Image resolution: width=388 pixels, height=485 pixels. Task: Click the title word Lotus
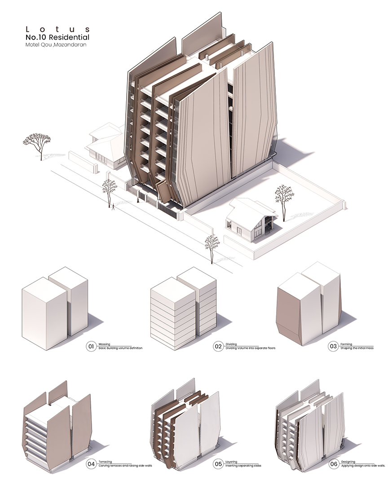tap(58, 29)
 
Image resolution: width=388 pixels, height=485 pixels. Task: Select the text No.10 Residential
tap(57, 37)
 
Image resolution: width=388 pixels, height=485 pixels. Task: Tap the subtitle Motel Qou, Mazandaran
tap(56, 44)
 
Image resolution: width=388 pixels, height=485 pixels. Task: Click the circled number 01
tap(91, 346)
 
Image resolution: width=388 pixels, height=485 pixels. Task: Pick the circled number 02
tap(218, 346)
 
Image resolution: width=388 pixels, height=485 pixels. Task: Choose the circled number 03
tap(333, 346)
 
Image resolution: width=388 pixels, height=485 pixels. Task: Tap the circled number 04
tap(91, 464)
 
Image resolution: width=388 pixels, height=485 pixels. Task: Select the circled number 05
tap(218, 464)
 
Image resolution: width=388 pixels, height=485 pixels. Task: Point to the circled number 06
tap(333, 464)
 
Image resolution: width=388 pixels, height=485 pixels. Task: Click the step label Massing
tap(104, 344)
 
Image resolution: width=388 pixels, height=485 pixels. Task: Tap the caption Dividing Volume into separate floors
tap(250, 348)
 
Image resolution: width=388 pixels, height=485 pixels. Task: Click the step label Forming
tap(346, 344)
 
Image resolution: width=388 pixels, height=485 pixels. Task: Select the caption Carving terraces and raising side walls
tap(125, 466)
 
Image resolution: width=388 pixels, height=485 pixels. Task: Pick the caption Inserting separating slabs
tap(243, 466)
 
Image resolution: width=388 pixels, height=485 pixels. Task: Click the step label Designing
tap(348, 462)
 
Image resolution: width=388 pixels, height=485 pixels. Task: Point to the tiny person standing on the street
tap(113, 207)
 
